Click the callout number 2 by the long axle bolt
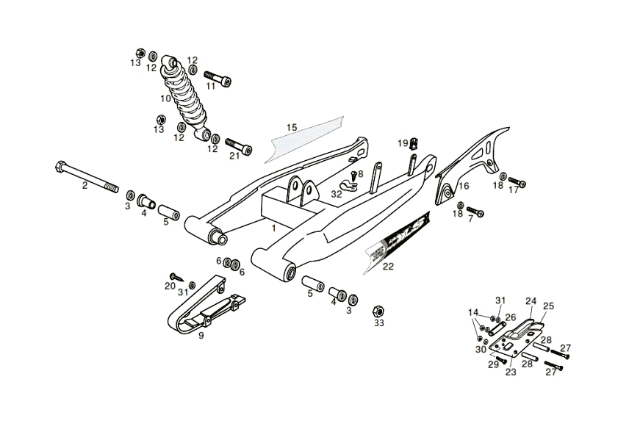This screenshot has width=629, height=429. [x=85, y=185]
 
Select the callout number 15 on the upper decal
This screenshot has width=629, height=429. [x=292, y=128]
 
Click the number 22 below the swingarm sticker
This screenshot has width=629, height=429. [x=388, y=266]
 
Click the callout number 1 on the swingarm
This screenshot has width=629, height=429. [x=273, y=228]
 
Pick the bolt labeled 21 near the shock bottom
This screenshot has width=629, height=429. [x=238, y=145]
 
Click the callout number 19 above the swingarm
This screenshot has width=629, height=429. [x=403, y=143]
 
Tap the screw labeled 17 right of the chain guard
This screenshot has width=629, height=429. [x=517, y=182]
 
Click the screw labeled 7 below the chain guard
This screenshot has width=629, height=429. [x=475, y=213]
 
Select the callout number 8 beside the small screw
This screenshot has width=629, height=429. [x=360, y=173]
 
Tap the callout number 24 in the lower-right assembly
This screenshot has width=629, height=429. [x=531, y=301]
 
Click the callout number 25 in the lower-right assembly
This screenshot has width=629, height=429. [x=548, y=306]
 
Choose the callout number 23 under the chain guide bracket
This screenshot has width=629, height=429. [x=511, y=372]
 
